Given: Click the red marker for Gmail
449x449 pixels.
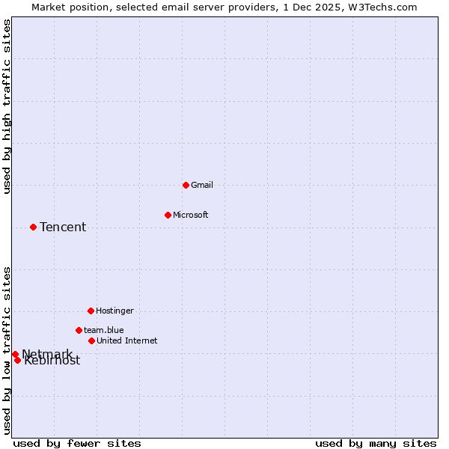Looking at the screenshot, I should [x=186, y=185].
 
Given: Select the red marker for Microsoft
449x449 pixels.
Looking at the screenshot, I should [x=168, y=215].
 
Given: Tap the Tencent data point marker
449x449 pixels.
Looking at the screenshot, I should [x=33, y=227].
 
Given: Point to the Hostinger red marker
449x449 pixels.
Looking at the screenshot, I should [x=91, y=311].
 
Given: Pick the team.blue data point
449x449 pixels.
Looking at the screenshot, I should [x=79, y=330].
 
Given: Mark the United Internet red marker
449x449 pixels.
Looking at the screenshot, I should [x=91, y=340].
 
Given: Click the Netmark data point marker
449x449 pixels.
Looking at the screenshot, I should [x=15, y=354].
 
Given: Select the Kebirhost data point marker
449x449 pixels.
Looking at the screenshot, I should [x=17, y=360].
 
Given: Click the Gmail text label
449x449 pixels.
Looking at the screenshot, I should [x=202, y=185].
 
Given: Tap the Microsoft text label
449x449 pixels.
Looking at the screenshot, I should [x=191, y=215].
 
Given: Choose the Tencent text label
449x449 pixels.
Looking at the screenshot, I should [x=63, y=227].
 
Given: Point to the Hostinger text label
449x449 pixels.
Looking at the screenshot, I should [x=114, y=311].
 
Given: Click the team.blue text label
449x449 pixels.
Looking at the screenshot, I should [x=104, y=330].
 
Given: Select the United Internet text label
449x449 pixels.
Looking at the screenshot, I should [x=127, y=340].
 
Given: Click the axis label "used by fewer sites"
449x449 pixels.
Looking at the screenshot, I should [x=77, y=443].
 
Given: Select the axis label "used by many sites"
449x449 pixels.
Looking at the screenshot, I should [x=376, y=443].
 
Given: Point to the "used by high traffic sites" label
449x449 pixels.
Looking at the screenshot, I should [x=7, y=107].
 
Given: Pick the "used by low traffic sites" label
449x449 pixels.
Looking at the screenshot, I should [x=7, y=349].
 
